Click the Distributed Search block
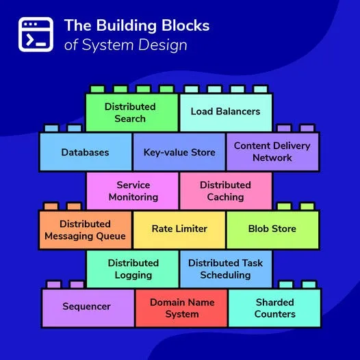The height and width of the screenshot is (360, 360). point(131,112)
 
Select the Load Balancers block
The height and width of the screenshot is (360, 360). point(225,112)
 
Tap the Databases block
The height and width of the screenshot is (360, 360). point(85,152)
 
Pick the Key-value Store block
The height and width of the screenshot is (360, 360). point(179,152)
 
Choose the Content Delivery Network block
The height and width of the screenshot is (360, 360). point(272,151)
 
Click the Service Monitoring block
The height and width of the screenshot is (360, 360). point(133,191)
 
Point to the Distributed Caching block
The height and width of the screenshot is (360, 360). point(226,191)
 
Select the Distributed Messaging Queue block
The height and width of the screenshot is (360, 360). point(85,230)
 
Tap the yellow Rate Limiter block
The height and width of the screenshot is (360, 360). point(179,229)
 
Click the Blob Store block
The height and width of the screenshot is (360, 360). point(272,229)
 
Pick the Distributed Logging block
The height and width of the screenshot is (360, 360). point(133,269)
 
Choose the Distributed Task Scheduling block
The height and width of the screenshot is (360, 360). point(226,269)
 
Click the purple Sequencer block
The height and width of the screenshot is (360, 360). point(88,307)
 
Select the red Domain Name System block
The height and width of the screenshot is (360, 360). point(181,308)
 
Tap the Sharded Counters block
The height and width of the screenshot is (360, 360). point(274,308)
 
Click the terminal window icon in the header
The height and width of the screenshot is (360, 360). point(36,34)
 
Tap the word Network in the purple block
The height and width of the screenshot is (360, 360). point(272,158)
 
